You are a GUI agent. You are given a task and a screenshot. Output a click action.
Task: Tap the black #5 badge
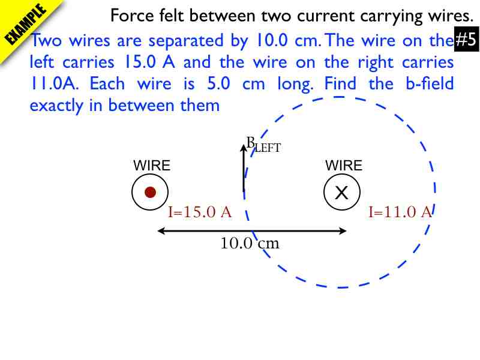click(466, 41)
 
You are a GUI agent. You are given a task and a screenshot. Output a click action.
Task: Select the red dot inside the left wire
click(150, 192)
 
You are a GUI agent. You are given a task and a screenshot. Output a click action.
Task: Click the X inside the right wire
click(341, 193)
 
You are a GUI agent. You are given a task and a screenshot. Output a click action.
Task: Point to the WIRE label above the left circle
click(151, 166)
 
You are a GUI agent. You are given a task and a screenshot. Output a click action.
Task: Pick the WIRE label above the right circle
click(344, 166)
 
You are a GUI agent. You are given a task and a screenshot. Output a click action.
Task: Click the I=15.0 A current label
click(199, 212)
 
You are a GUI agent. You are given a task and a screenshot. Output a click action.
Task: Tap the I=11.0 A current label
click(400, 212)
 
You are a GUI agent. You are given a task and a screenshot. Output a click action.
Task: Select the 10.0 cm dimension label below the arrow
click(250, 244)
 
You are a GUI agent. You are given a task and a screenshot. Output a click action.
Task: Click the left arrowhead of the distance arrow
click(160, 230)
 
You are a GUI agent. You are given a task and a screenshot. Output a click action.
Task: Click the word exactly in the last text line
click(58, 105)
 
